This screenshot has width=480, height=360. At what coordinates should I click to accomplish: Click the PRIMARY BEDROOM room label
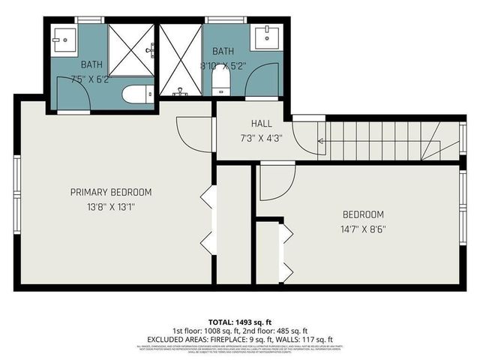111,192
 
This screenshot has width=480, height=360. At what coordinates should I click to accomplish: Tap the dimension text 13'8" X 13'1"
111,205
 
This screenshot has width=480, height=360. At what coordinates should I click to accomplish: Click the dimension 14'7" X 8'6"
363,228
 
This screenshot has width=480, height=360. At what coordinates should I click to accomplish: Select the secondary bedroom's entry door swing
276,184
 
